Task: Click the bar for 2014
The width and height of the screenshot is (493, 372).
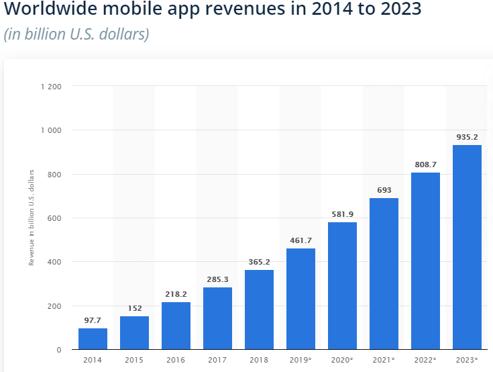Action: [x=93, y=339]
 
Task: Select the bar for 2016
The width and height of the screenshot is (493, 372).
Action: [x=176, y=326]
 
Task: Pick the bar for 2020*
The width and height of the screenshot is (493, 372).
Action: [x=342, y=286]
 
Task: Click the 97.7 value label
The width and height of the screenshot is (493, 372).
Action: [x=93, y=321]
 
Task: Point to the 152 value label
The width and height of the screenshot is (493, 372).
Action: [x=134, y=309]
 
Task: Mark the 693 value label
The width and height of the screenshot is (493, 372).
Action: [x=384, y=191]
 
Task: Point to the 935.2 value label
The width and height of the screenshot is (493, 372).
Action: [x=467, y=138]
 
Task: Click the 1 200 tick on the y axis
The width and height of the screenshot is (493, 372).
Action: [x=51, y=87]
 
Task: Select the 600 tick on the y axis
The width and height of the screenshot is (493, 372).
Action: [x=54, y=218]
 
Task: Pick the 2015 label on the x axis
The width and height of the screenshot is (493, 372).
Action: [x=134, y=361]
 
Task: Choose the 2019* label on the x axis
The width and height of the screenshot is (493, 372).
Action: [x=300, y=361]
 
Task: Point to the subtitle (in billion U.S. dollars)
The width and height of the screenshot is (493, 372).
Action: [x=76, y=34]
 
